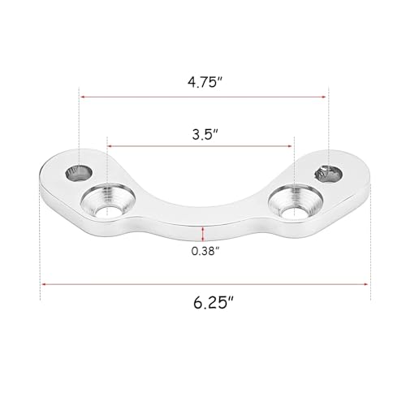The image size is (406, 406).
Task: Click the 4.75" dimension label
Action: [x=205, y=82]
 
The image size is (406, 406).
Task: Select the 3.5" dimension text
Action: [x=205, y=134]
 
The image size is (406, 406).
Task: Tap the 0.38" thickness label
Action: [x=205, y=251]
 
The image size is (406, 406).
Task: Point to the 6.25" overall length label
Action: [x=214, y=302]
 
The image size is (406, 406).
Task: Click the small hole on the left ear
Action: [x=79, y=172]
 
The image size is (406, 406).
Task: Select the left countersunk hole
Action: [x=108, y=200]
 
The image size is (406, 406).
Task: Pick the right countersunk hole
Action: [x=295, y=201]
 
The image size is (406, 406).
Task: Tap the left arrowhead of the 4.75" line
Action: [x=83, y=97]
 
